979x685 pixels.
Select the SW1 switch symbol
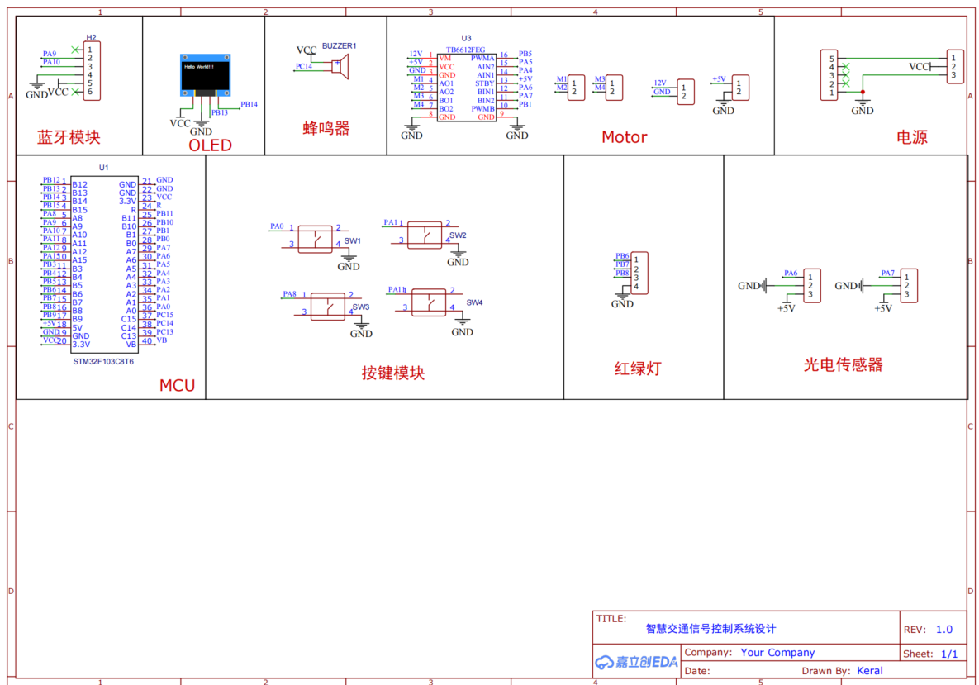[315, 238]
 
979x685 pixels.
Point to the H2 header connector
[92, 71]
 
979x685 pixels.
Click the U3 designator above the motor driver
[466, 38]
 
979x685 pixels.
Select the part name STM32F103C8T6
[103, 361]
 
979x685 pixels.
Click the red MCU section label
[177, 385]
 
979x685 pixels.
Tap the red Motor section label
[624, 137]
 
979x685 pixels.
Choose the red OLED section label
[210, 145]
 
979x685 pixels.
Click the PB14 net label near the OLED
[249, 105]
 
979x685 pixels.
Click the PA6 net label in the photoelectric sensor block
[791, 273]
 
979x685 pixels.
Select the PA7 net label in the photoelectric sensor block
[887, 273]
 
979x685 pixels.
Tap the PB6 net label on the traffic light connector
[622, 256]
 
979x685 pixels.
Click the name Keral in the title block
[870, 670]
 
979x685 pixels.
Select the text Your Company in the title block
[777, 652]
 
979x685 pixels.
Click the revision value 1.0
[944, 629]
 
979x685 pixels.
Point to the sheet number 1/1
[950, 653]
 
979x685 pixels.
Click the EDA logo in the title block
[636, 661]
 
